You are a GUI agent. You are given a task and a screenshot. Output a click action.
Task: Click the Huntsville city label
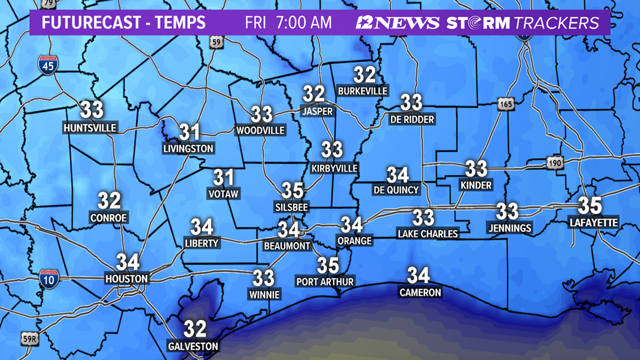tap(90, 128)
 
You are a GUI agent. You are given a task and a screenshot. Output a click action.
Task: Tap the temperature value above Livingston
tap(189, 133)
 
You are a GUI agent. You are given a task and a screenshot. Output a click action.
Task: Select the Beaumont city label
tap(287, 246)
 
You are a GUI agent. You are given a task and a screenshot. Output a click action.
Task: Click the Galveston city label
tap(193, 347)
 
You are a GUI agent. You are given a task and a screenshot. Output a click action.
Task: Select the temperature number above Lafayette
tap(589, 206)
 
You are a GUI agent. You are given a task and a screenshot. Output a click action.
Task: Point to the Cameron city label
tap(420, 293)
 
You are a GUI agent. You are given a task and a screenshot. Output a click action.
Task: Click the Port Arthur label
tap(325, 281)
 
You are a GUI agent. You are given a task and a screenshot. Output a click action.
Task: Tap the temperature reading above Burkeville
tap(364, 75)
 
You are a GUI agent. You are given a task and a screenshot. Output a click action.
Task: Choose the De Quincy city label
tap(396, 190)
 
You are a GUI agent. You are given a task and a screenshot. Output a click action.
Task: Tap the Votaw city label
tap(223, 194)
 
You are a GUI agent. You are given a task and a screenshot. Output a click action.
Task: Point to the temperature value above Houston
tap(127, 262)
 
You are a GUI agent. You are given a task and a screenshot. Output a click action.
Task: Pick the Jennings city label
tap(510, 228)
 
